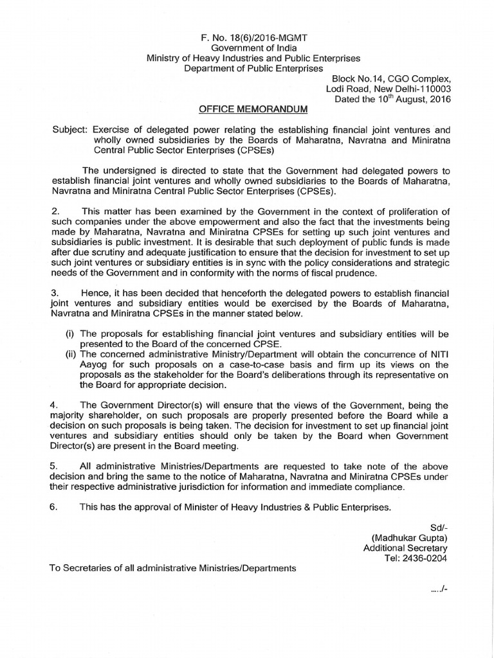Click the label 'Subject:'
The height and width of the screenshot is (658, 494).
(70, 129)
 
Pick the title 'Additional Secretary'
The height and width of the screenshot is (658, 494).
(405, 548)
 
